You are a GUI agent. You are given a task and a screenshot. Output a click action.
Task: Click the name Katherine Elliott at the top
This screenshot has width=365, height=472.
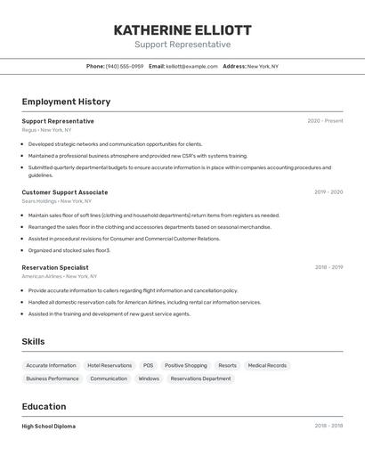tap(182, 30)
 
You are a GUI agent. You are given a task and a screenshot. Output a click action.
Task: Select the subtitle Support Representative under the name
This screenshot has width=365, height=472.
tap(182, 45)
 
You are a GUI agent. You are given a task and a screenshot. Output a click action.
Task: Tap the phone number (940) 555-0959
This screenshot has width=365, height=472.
tap(125, 67)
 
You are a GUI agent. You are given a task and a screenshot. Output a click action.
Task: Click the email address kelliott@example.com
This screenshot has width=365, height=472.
tap(191, 67)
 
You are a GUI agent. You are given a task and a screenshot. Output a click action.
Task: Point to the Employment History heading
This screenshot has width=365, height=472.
tap(66, 102)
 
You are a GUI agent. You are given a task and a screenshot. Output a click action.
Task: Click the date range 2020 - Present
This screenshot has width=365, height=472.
tap(325, 121)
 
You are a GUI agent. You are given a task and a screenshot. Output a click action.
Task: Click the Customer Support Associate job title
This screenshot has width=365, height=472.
tap(65, 192)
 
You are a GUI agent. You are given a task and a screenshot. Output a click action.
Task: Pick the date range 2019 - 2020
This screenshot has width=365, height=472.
tap(328, 192)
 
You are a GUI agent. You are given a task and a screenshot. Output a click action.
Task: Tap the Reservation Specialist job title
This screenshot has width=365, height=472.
tap(55, 267)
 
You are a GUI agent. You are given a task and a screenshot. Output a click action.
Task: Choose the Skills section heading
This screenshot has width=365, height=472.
tap(33, 342)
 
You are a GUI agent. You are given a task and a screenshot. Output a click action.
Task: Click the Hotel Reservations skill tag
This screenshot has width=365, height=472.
tap(109, 365)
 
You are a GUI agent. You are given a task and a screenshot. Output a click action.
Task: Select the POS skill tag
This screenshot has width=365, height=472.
tap(148, 365)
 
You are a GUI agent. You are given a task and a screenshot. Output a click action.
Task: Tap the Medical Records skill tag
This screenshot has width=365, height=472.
tap(267, 365)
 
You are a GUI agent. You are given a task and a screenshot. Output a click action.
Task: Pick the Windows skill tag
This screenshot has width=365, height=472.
tap(149, 378)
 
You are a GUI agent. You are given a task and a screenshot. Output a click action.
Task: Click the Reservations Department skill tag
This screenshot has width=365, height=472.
tap(200, 378)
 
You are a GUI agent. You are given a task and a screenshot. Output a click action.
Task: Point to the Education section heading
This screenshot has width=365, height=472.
tap(45, 407)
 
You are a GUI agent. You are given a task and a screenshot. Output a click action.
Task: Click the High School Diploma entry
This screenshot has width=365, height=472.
tap(48, 427)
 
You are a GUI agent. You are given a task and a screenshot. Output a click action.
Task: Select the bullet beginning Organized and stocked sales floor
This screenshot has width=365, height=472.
tap(69, 250)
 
